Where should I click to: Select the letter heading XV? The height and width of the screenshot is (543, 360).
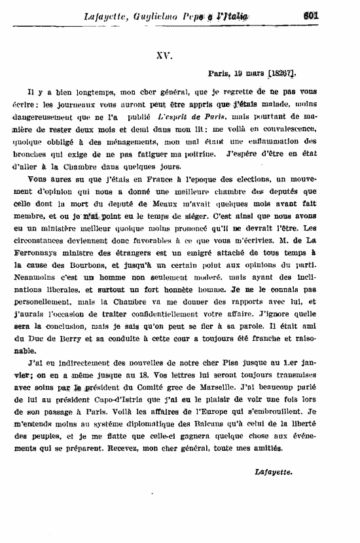click(164, 57)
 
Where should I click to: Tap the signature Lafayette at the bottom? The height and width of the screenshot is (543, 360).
click(274, 472)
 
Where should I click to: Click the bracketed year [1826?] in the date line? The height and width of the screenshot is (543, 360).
click(278, 75)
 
